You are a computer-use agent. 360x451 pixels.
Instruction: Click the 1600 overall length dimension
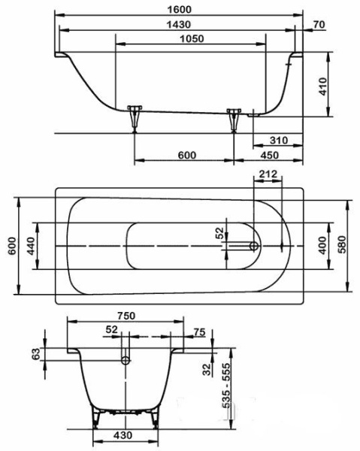(x=180, y=9)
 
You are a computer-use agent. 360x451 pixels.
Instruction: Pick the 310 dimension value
(x=279, y=141)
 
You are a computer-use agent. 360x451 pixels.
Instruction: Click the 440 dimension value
(x=31, y=247)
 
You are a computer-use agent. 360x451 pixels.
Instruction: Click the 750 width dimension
(x=126, y=316)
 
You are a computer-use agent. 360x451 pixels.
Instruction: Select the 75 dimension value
(x=198, y=331)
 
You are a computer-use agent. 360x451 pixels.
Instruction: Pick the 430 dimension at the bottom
(x=124, y=436)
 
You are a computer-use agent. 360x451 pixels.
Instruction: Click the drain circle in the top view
(x=254, y=246)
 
